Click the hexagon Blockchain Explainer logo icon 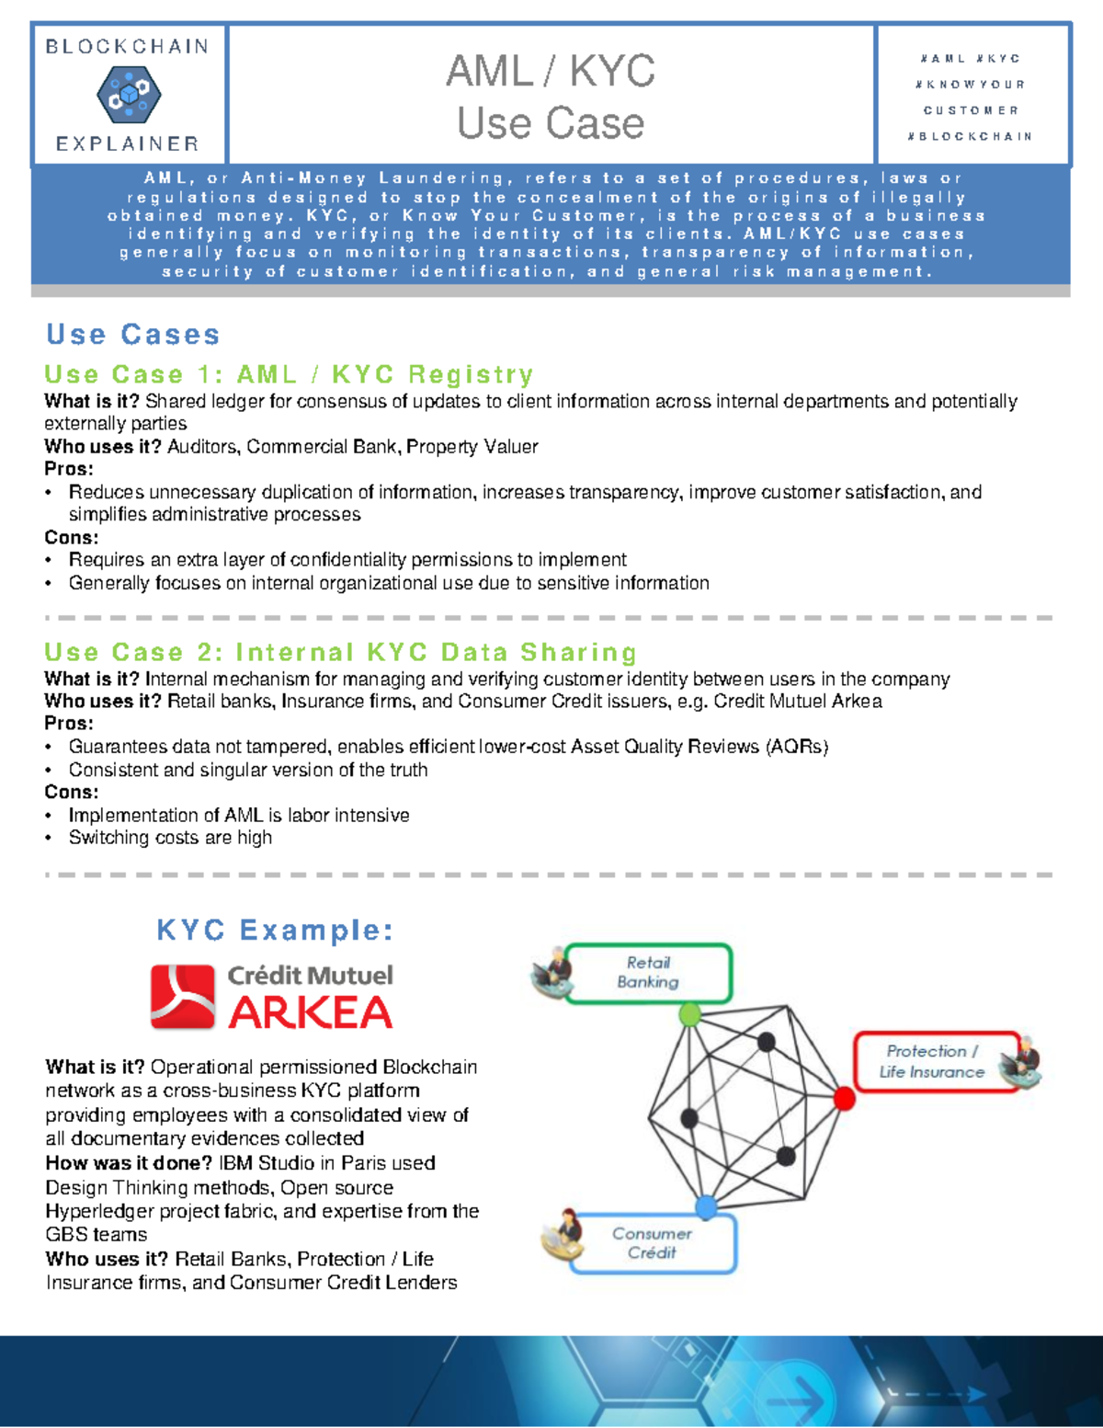coord(129,95)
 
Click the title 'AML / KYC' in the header coord(550,71)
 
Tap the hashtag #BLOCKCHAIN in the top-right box coord(971,136)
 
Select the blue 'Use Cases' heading coord(133,334)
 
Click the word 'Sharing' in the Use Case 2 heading coord(578,652)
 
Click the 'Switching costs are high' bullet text coord(170,838)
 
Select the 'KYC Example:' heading coord(275,930)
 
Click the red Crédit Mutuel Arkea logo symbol coord(183,996)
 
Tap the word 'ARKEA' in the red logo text coord(310,1013)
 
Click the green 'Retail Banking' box coord(648,972)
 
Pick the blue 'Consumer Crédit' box coord(652,1243)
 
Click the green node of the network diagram coord(689,1014)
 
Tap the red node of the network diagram coord(844,1098)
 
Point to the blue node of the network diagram coord(706,1206)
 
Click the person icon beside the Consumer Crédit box coord(563,1235)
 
